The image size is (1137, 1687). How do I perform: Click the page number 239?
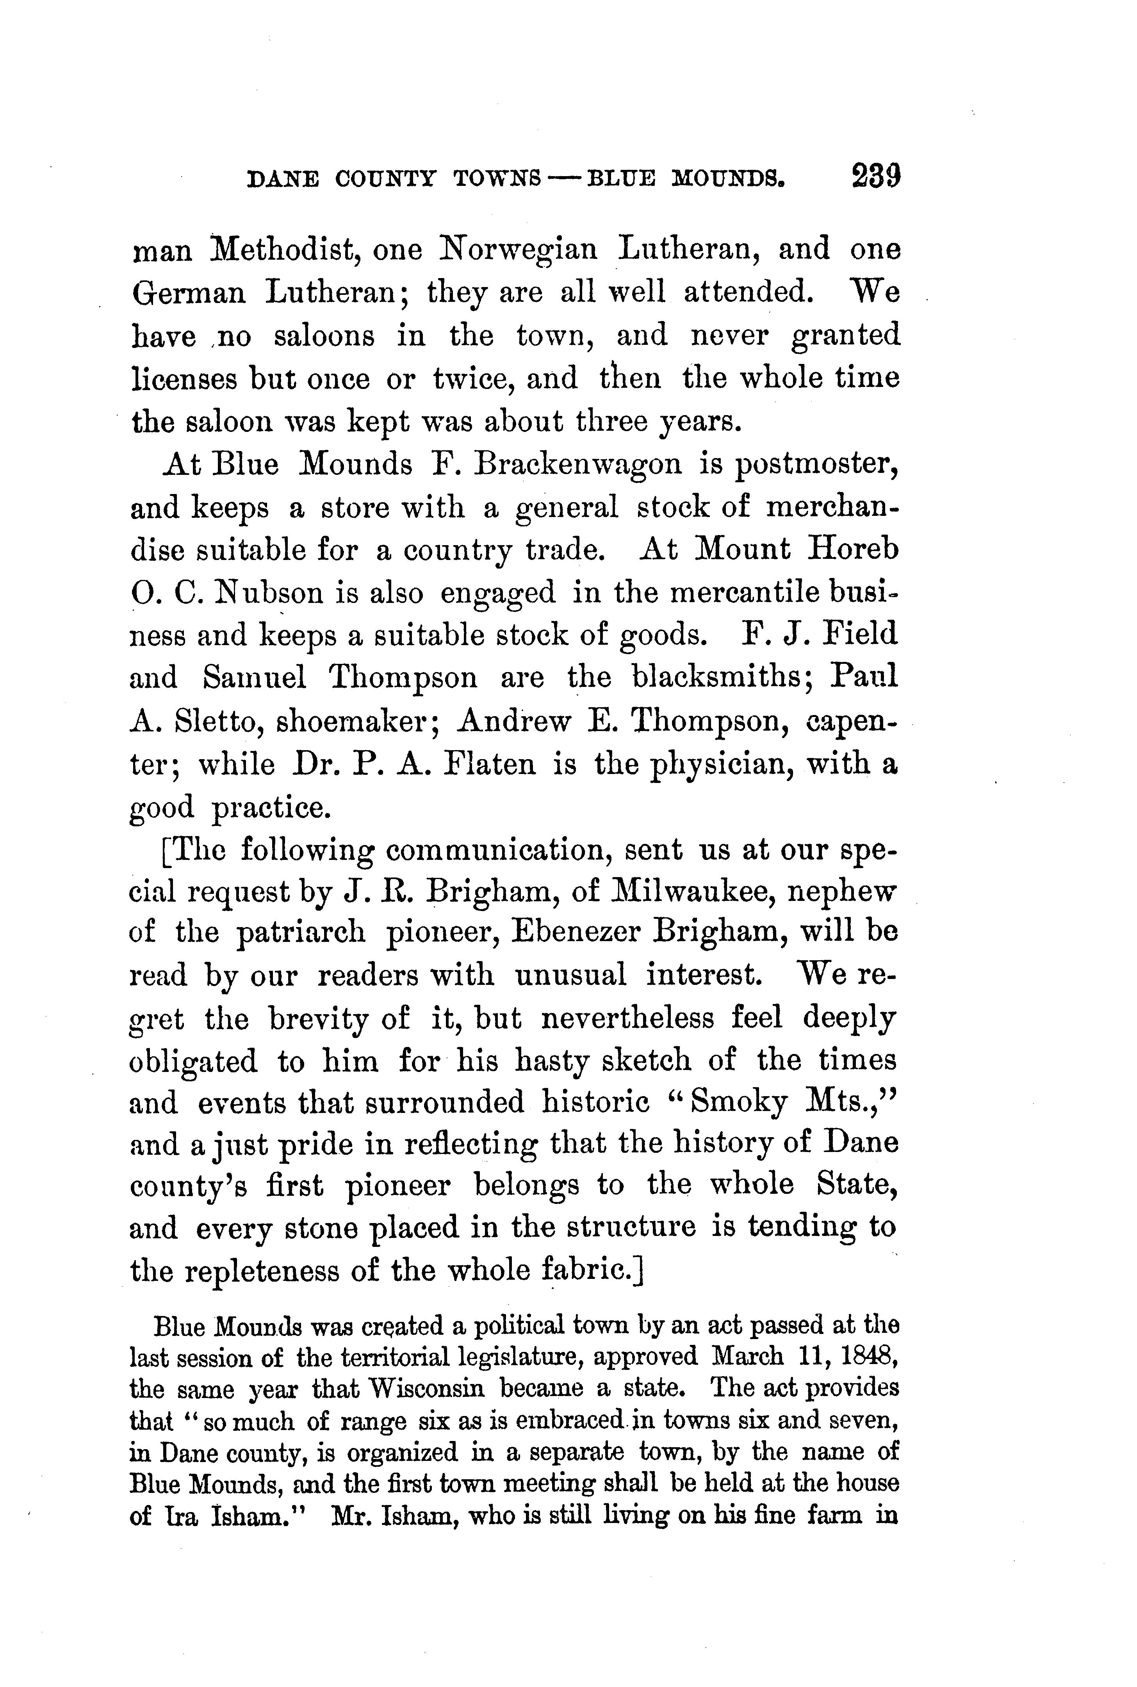(x=876, y=176)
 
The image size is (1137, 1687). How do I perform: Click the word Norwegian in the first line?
(x=519, y=250)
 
